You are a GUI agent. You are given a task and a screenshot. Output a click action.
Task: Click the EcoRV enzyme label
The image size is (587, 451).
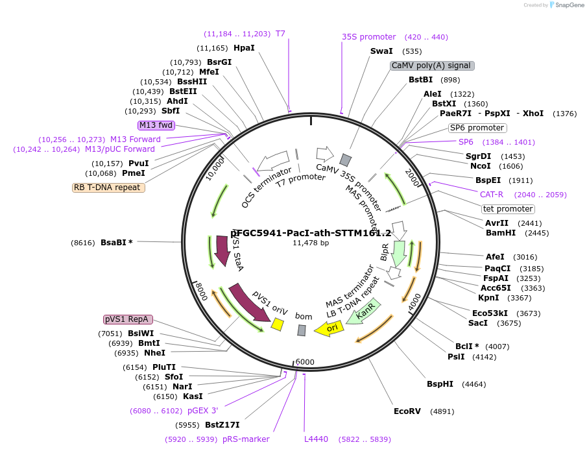coord(407,411)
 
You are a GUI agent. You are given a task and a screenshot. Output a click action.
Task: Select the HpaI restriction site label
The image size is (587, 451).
coord(244,48)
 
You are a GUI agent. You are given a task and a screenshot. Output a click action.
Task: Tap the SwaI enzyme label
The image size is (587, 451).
coord(381,51)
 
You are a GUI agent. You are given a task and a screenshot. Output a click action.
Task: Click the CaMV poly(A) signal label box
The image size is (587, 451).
coord(432,66)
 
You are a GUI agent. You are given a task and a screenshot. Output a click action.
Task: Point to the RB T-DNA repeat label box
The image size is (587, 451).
coord(108,188)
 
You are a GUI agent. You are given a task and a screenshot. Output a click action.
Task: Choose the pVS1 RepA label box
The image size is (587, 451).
coord(128,319)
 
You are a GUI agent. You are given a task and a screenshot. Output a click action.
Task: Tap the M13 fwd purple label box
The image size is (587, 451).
coord(156,125)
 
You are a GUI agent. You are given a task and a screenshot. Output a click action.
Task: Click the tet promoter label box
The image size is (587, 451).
coord(508,209)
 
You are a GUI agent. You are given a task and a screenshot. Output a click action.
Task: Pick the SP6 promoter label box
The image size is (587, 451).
coord(477,128)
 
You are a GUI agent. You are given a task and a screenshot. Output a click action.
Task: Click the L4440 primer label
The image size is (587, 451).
coord(316,439)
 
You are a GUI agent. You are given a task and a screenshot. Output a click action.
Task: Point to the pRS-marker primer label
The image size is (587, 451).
coord(246,439)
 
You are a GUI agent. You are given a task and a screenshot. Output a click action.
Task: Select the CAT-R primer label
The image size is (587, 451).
coord(491,194)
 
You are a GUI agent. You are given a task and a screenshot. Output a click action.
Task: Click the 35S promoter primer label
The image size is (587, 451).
coord(368,37)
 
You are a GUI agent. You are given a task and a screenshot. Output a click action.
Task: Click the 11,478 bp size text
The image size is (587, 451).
coord(311,243)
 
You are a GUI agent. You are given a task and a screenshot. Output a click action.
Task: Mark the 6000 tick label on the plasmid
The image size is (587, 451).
coord(305,362)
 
